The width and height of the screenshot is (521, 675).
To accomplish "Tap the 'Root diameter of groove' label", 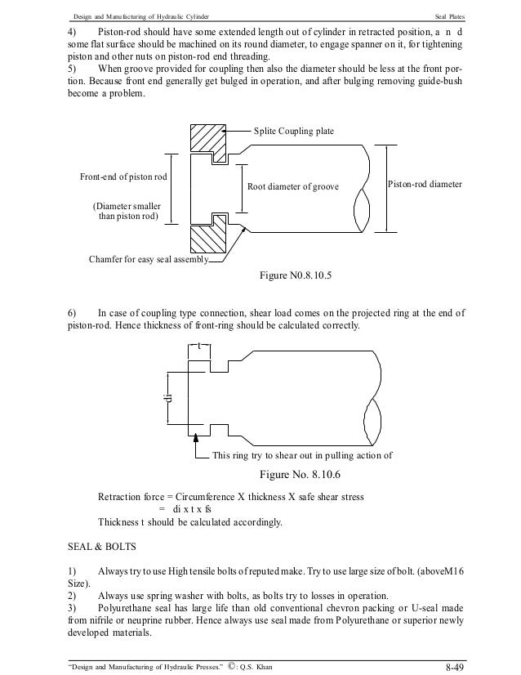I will coord(292,187).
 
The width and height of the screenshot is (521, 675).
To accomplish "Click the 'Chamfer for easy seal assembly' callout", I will coord(148,261).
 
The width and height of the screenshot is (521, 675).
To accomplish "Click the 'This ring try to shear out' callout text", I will coord(301,456).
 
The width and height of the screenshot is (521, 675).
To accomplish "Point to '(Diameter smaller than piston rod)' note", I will coord(127,212).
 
